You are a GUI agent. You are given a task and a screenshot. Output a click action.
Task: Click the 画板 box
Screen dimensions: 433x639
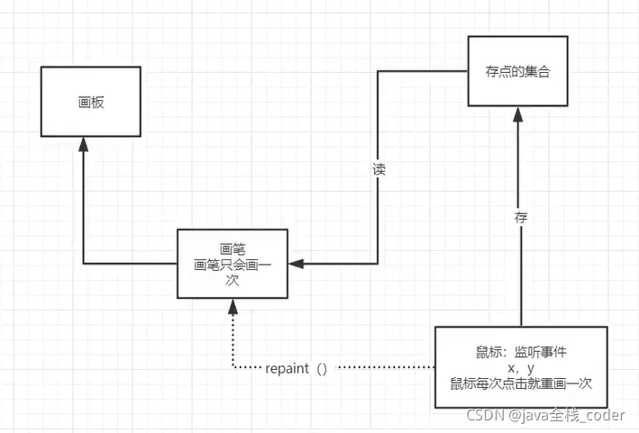click(91, 103)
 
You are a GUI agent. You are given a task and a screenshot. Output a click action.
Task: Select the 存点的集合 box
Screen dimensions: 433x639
click(517, 71)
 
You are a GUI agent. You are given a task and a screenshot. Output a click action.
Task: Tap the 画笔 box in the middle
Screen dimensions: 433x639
click(233, 264)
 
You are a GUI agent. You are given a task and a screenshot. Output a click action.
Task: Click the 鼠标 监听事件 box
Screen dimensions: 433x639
click(521, 367)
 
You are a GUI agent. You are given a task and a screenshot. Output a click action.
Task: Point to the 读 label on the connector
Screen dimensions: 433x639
click(379, 169)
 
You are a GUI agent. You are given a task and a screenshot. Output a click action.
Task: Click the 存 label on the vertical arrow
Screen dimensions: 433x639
click(521, 216)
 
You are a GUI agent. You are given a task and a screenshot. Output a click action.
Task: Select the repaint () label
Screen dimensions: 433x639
click(297, 368)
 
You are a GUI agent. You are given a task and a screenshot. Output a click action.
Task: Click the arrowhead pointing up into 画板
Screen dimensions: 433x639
click(84, 145)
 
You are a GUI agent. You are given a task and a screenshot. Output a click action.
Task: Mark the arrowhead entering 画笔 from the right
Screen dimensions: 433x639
click(297, 264)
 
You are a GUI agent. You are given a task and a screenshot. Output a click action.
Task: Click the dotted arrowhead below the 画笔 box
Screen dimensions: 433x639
click(233, 306)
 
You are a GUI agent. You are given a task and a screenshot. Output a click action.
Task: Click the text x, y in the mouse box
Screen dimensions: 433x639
click(521, 368)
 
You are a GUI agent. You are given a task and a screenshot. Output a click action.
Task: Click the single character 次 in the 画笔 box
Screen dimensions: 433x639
click(233, 280)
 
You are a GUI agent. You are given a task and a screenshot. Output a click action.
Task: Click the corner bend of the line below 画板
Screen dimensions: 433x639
click(84, 264)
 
